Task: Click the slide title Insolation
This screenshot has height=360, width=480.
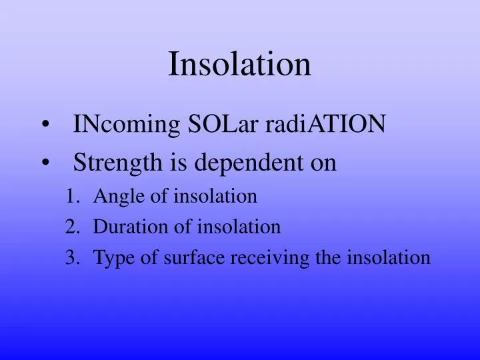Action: pyautogui.click(x=239, y=64)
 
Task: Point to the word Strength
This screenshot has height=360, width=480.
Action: pyautogui.click(x=113, y=162)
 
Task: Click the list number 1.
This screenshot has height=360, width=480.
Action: pyautogui.click(x=71, y=197)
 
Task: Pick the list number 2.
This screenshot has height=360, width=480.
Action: pyautogui.click(x=71, y=227)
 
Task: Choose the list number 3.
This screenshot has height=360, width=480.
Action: pyautogui.click(x=71, y=258)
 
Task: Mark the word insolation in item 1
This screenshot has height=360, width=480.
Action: pyautogui.click(x=215, y=197)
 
